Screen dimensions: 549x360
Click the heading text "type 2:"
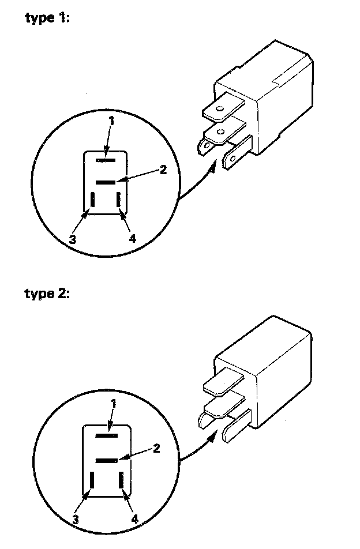pos(47,294)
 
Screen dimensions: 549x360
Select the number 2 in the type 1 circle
pos(163,170)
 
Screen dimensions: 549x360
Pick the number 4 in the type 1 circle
pos(133,239)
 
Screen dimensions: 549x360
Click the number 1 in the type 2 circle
pos(114,404)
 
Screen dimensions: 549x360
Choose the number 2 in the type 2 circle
pos(156,448)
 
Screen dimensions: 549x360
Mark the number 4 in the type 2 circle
pos(135,518)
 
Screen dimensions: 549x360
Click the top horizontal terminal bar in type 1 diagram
pos(106,157)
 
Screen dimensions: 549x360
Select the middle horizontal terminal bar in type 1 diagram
pos(106,182)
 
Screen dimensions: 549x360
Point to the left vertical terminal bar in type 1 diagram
pos(92,200)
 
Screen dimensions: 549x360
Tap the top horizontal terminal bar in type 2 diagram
pos(107,435)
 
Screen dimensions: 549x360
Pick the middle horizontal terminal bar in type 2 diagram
pos(107,461)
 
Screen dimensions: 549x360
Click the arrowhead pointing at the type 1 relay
pos(213,164)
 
